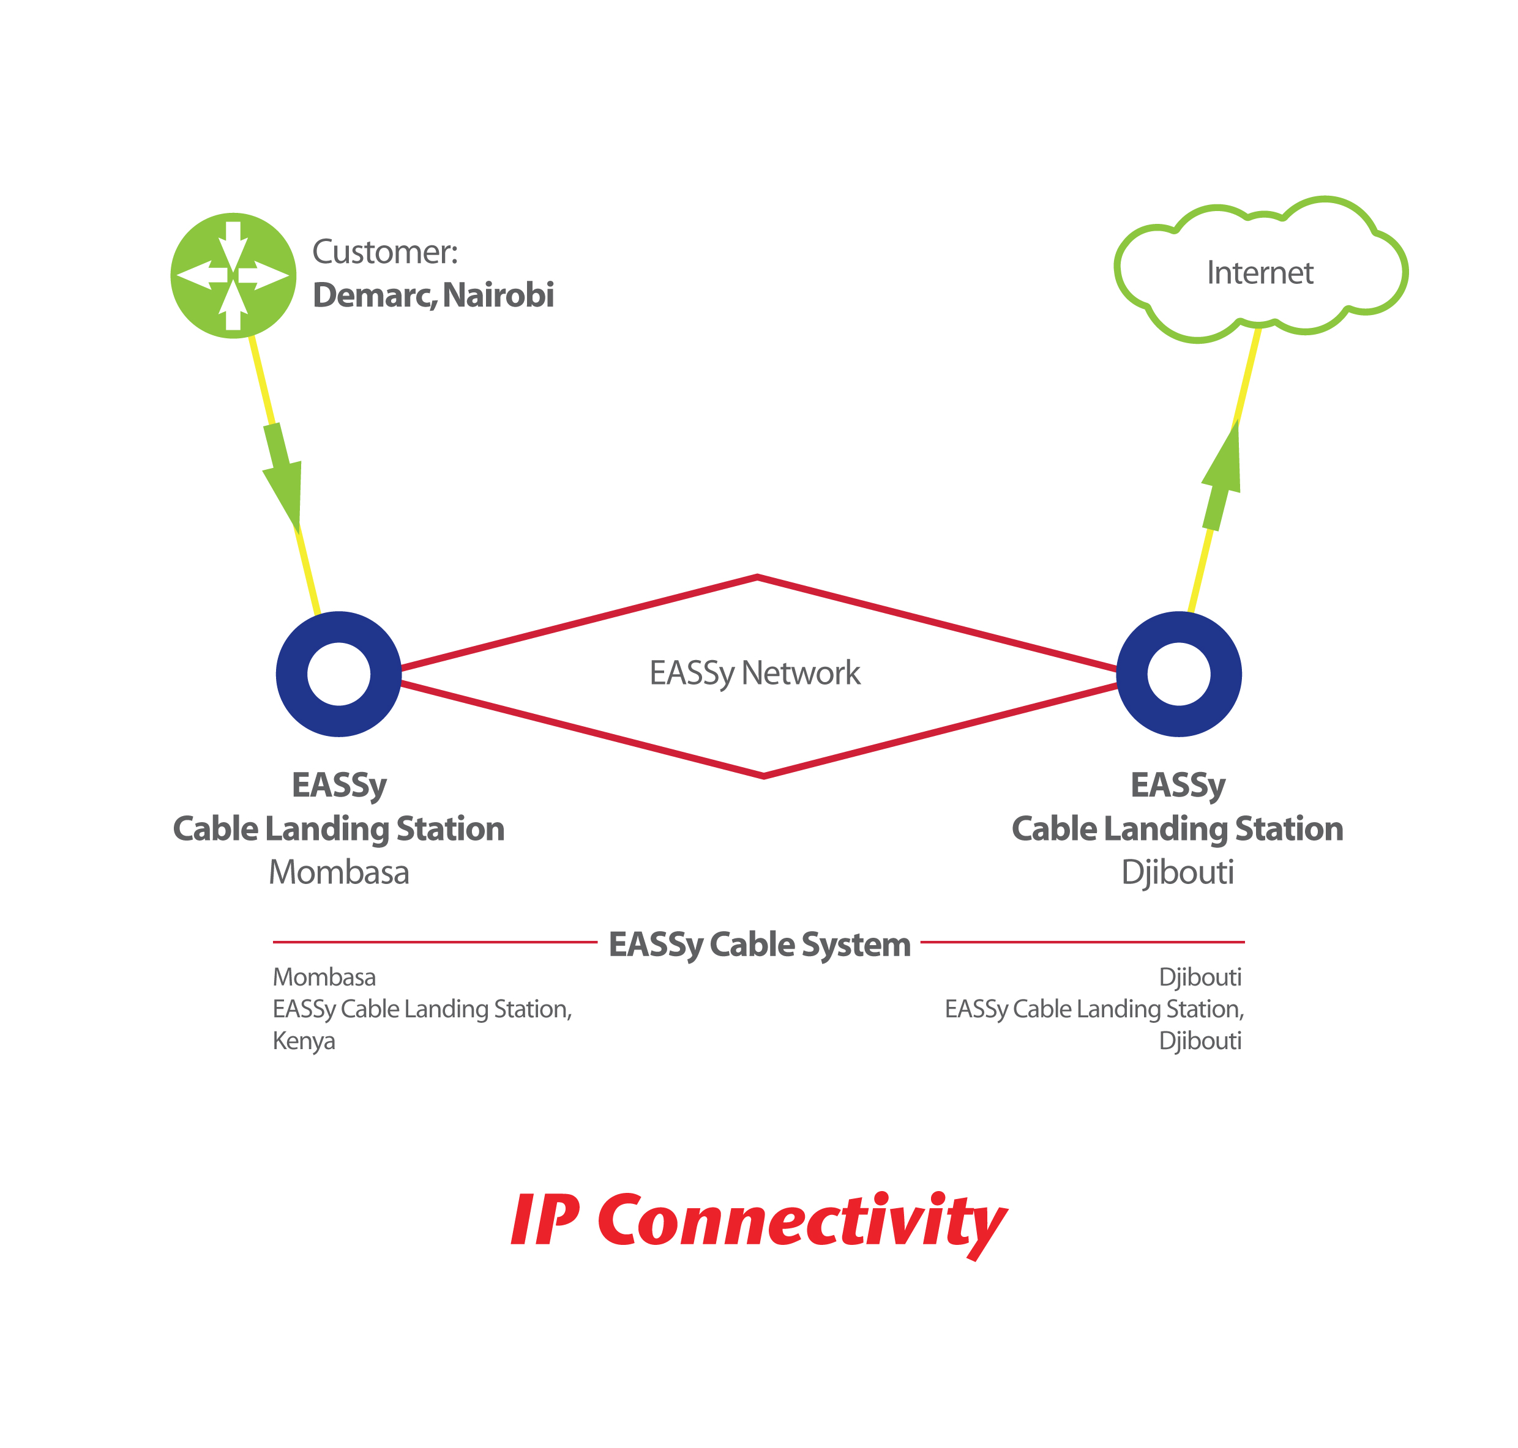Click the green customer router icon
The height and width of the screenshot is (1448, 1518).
(233, 275)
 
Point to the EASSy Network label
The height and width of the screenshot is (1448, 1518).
(754, 673)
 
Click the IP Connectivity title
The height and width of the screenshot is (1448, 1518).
(758, 1221)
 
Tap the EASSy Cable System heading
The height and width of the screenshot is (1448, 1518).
(759, 944)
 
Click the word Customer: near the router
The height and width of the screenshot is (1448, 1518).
(384, 253)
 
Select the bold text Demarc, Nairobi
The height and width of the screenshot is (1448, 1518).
(433, 295)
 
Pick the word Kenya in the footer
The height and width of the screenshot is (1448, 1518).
(304, 1041)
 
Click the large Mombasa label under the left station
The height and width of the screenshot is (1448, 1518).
(339, 872)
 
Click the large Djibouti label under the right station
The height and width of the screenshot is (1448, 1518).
(1178, 872)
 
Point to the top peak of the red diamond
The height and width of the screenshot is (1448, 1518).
(757, 577)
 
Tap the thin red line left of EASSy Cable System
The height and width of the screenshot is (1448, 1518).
(434, 941)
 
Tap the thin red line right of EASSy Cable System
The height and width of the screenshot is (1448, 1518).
(1082, 941)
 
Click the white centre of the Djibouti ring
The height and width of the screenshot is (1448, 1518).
(1179, 674)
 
